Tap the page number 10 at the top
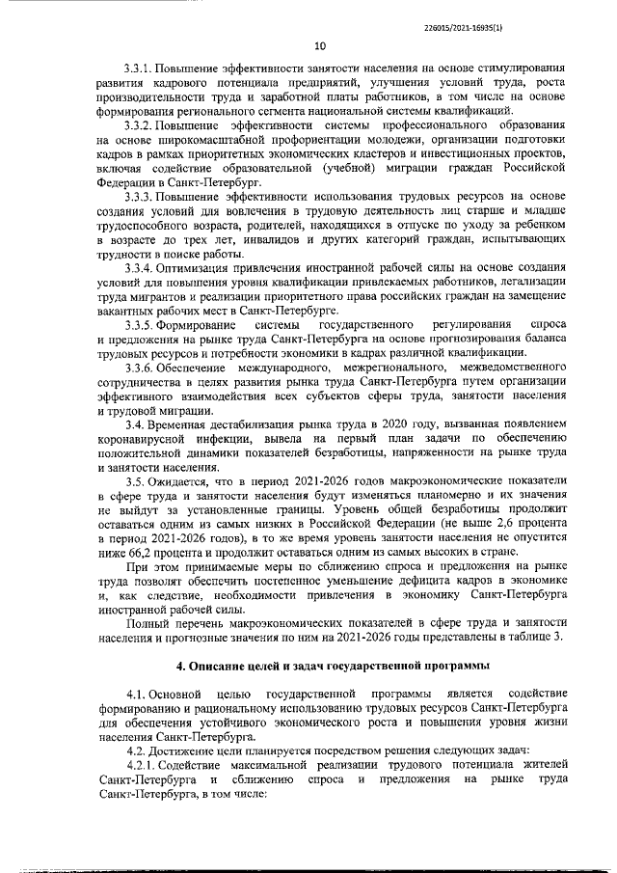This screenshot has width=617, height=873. click(x=321, y=45)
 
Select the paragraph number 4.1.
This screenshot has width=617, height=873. click(x=135, y=695)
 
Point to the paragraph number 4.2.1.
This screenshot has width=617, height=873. click(x=140, y=766)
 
